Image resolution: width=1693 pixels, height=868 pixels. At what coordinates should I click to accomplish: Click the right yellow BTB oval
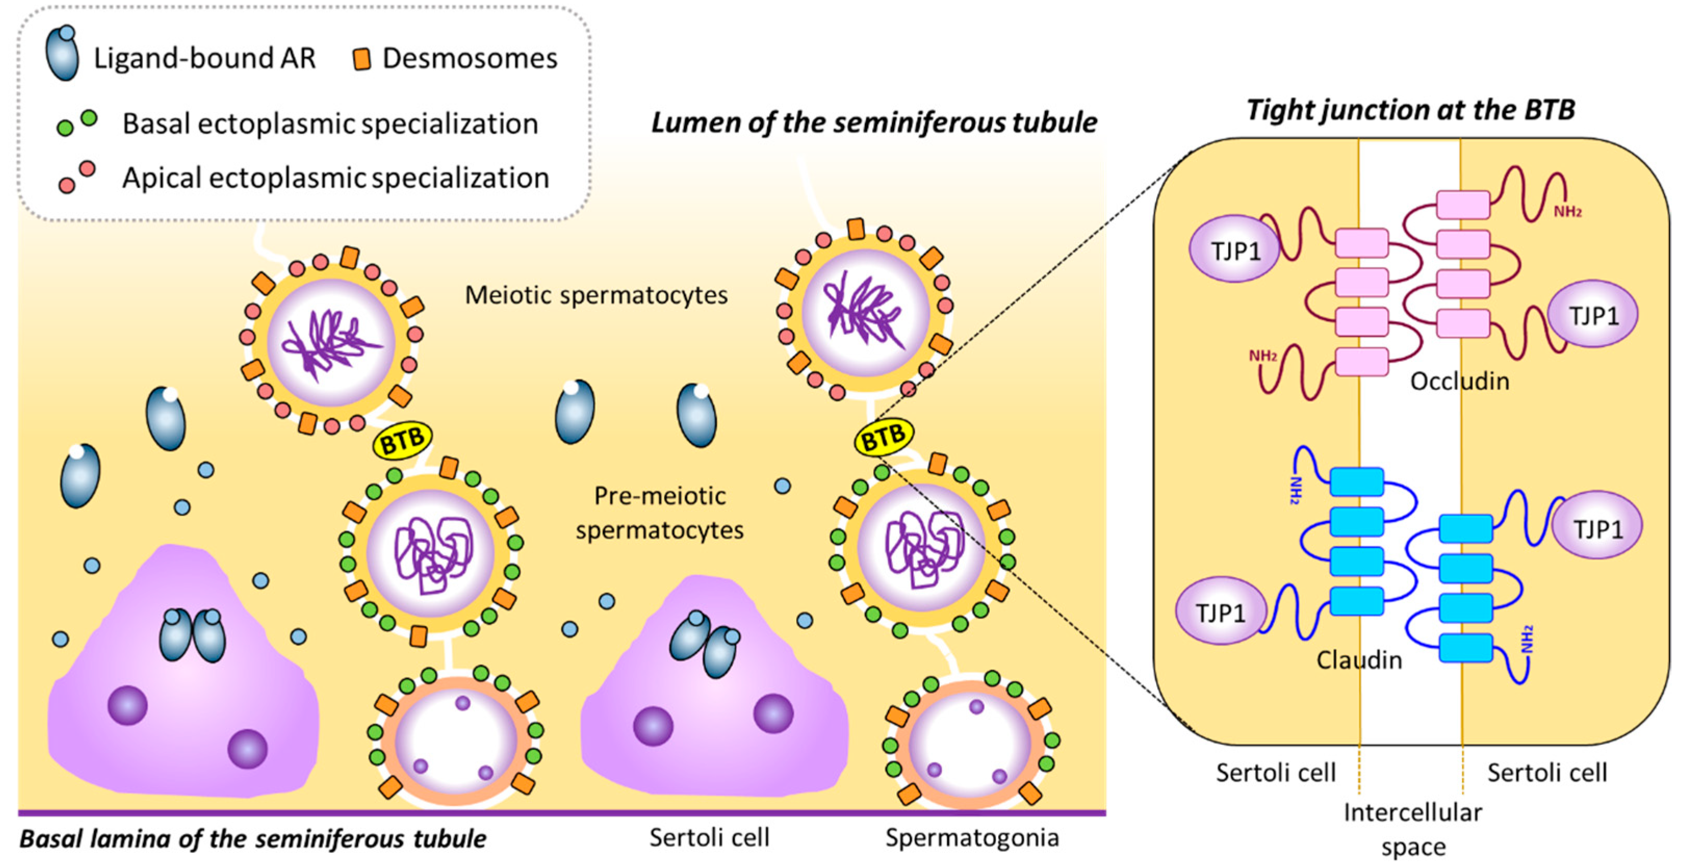pos(883,437)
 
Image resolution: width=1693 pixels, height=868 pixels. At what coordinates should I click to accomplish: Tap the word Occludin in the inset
pos(1459,381)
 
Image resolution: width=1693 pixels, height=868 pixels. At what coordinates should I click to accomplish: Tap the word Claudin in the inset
pos(1359,659)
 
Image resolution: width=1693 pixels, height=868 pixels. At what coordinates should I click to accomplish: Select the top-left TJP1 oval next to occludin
pos(1234,250)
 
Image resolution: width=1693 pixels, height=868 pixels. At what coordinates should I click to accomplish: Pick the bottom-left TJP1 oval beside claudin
pos(1220,612)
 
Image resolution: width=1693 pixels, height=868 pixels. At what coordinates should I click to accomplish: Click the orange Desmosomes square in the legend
pos(361,59)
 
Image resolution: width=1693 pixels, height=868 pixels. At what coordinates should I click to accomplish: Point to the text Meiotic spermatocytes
pos(596,295)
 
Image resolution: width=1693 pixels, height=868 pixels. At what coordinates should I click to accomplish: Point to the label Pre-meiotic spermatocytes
pos(659,512)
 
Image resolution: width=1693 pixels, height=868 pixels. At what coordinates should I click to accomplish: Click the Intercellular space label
pos(1412,829)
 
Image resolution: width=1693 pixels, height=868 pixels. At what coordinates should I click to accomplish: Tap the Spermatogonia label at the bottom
pos(972,838)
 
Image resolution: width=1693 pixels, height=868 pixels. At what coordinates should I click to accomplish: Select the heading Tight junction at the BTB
pos(1411,109)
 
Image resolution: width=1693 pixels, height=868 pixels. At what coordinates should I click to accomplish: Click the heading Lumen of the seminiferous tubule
pos(874,123)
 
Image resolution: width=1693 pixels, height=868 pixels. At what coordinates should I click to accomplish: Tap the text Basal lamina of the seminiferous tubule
pos(253,838)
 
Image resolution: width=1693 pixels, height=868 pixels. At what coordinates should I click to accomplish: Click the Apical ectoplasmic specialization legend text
pos(335,178)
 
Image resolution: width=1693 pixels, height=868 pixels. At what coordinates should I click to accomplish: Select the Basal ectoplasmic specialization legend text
pos(330,124)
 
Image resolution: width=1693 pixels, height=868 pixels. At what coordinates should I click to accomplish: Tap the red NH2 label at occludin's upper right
pos(1567,212)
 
